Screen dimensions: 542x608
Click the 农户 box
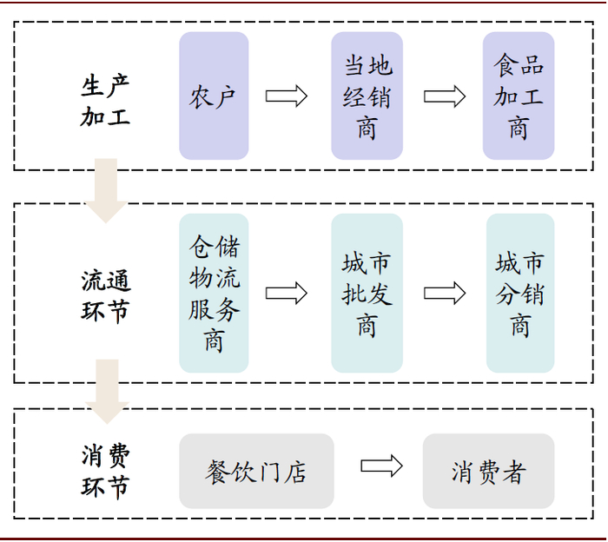pyautogui.click(x=214, y=96)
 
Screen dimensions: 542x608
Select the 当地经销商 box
pyautogui.click(x=367, y=96)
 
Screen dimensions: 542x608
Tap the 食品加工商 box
pyautogui.click(x=519, y=96)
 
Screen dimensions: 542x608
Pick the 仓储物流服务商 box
pyautogui.click(x=214, y=293)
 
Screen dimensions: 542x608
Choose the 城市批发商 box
pyautogui.click(x=367, y=293)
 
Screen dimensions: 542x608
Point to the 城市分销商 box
pyautogui.click(x=519, y=293)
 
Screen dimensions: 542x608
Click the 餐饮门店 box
pyautogui.click(x=256, y=471)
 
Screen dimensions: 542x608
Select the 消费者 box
pyautogui.click(x=488, y=471)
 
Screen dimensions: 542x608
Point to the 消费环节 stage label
pyautogui.click(x=105, y=471)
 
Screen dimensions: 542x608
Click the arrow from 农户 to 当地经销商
pyautogui.click(x=287, y=96)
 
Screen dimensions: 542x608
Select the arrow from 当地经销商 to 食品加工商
pyautogui.click(x=445, y=96)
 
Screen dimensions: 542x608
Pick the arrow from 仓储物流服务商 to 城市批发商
pyautogui.click(x=287, y=293)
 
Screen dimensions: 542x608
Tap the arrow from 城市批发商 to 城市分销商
pyautogui.click(x=445, y=293)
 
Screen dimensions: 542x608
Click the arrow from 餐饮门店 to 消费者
pyautogui.click(x=381, y=466)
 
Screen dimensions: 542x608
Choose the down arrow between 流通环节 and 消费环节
pyautogui.click(x=107, y=390)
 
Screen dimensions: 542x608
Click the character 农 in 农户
pyautogui.click(x=202, y=96)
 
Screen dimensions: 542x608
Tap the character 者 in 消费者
pyautogui.click(x=513, y=472)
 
